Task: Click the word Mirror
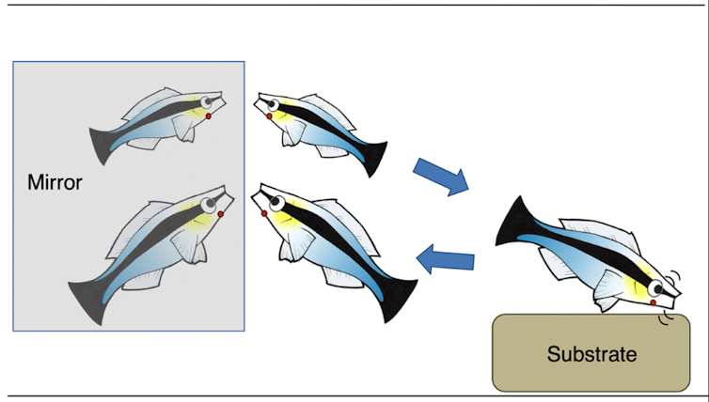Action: click(x=55, y=182)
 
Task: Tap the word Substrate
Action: click(x=591, y=354)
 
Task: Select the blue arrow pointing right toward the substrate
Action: click(x=441, y=176)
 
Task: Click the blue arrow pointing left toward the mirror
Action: click(x=445, y=258)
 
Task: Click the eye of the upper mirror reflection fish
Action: click(x=206, y=101)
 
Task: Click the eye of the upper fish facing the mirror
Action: click(x=273, y=104)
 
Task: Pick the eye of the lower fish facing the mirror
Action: click(x=276, y=200)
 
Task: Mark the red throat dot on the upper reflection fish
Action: click(x=208, y=116)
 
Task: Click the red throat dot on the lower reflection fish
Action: click(x=220, y=215)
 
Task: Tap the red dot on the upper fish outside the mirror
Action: click(x=269, y=117)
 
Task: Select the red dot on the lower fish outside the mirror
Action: click(x=264, y=213)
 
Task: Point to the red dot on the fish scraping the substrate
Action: click(x=653, y=303)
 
